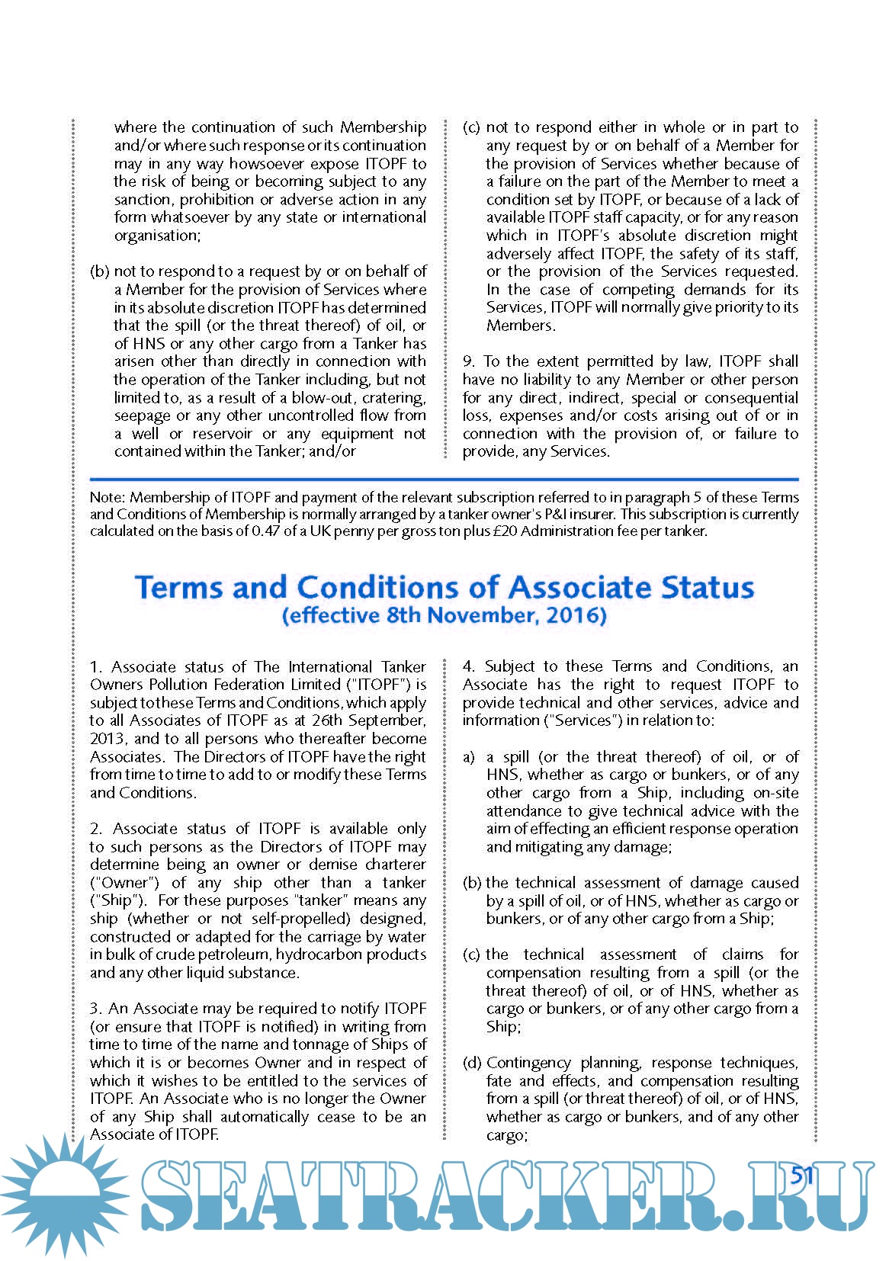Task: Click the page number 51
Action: tap(802, 1175)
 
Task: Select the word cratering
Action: tap(394, 398)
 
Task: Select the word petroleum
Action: tap(230, 955)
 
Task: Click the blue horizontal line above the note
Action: tap(444, 480)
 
